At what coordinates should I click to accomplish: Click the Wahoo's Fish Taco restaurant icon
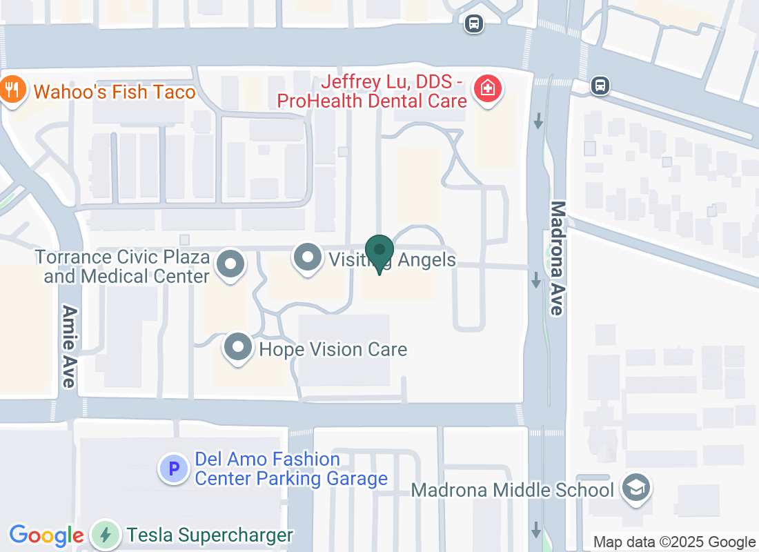pos(12,90)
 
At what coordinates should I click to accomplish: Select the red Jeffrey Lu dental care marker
pos(488,89)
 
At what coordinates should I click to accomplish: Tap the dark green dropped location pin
pos(379,253)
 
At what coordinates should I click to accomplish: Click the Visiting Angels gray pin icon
pos(308,258)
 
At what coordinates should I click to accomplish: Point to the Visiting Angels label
pos(392,260)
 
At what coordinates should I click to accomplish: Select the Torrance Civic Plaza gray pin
pos(231,264)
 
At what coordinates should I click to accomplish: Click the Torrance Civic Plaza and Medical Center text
pos(123,267)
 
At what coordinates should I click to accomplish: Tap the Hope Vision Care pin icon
pos(239,347)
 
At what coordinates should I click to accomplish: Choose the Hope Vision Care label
pos(333,350)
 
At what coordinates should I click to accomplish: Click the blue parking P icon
pos(173,469)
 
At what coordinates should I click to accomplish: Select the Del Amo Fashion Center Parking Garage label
pos(291,469)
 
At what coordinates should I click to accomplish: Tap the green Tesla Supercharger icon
pos(105,535)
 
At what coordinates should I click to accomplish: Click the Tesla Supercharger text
pos(210,535)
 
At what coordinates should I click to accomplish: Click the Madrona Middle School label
pos(512,491)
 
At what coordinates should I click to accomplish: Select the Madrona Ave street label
pos(558,258)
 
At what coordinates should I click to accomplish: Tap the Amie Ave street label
pos(68,346)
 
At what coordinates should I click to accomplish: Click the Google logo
pos(46,535)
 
